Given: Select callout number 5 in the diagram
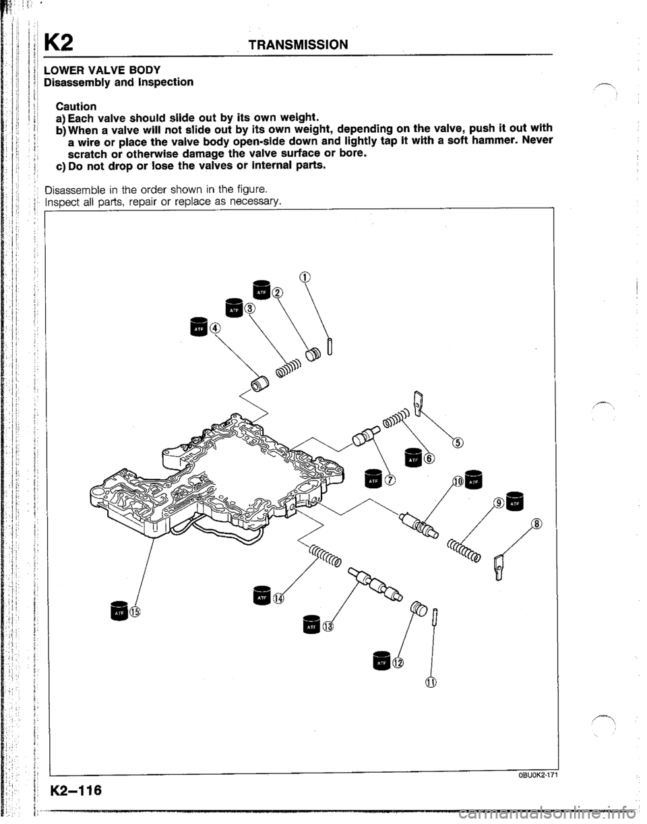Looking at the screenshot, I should [x=458, y=443].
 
